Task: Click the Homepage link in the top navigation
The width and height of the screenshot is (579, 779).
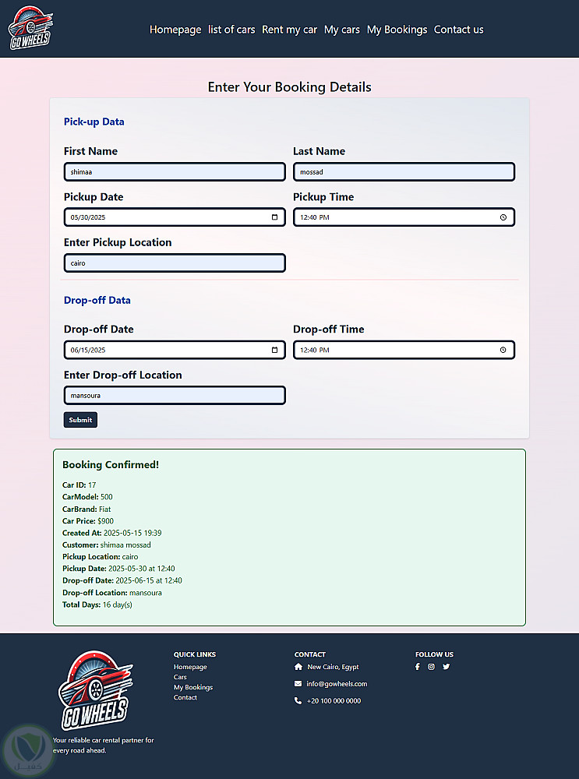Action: (175, 30)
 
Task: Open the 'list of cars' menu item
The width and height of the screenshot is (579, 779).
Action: (231, 30)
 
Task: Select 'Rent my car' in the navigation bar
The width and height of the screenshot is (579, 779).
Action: (289, 30)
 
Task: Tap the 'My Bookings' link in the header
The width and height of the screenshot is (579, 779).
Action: (397, 30)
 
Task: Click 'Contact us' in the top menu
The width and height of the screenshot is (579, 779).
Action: (458, 30)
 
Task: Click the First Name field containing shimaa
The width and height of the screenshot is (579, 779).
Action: (175, 171)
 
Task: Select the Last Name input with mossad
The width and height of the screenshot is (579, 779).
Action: (404, 171)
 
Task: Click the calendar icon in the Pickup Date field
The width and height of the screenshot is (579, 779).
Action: (274, 217)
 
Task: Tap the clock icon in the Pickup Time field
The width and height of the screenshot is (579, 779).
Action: (503, 217)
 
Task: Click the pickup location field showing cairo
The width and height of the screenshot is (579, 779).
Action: (175, 263)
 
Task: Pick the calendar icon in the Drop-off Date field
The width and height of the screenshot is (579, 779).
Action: (274, 350)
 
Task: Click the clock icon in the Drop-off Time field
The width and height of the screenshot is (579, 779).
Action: (503, 350)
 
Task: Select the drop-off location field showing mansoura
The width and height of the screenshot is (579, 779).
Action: (175, 396)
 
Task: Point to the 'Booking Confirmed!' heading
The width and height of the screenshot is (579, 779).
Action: (111, 465)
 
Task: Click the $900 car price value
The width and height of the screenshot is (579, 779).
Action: (105, 521)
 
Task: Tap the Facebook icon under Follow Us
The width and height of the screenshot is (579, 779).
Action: (418, 667)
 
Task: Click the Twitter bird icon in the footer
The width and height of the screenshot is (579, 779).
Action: (447, 667)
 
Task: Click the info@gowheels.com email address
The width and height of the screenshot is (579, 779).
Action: (337, 684)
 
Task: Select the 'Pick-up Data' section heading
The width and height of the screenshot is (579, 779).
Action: (94, 122)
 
